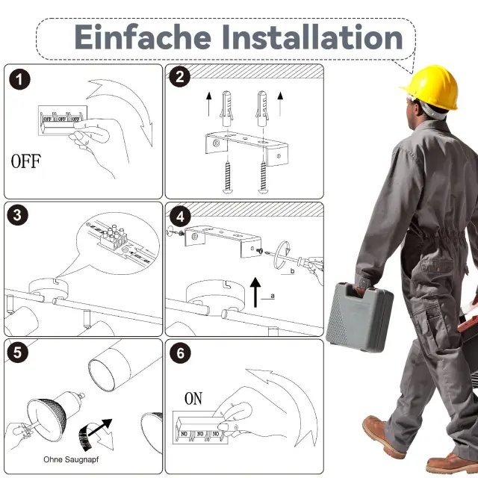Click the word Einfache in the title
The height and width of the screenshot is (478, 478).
[x=143, y=37]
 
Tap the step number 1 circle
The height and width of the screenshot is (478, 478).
[x=19, y=80]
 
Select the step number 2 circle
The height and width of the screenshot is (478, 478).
[x=180, y=76]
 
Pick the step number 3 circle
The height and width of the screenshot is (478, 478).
[x=18, y=215]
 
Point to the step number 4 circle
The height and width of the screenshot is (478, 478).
[x=180, y=217]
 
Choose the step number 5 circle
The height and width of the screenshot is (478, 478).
[x=18, y=353]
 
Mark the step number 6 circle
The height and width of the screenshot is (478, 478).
[x=181, y=353]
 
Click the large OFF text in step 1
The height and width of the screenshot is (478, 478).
[x=26, y=161]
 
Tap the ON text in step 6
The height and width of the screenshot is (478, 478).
[x=193, y=398]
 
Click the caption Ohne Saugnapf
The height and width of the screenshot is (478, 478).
[x=71, y=459]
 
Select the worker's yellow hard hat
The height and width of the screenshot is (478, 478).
[x=431, y=87]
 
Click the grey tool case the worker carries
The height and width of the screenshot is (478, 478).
[x=359, y=317]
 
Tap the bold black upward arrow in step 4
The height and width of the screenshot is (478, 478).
[x=255, y=292]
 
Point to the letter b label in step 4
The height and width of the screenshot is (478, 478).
[x=292, y=270]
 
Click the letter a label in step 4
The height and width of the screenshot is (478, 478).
[x=273, y=296]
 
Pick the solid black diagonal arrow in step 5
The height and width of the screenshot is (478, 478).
[x=99, y=427]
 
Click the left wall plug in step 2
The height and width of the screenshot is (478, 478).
[x=226, y=108]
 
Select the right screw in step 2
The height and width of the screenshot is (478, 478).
[x=263, y=178]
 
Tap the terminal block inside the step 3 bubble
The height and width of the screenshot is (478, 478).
[x=114, y=237]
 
